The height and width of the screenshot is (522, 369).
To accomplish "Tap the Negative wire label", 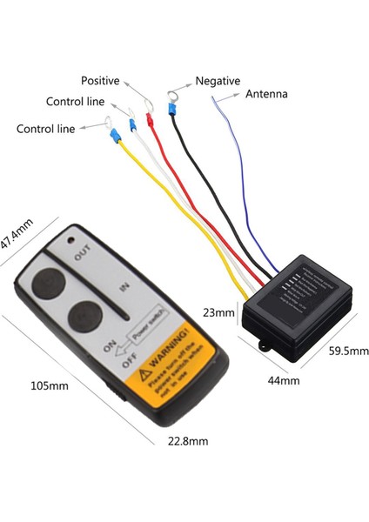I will [x=218, y=81].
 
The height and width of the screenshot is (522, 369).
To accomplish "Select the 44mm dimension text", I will [x=283, y=380].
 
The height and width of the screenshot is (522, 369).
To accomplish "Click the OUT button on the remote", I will [x=46, y=283].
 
